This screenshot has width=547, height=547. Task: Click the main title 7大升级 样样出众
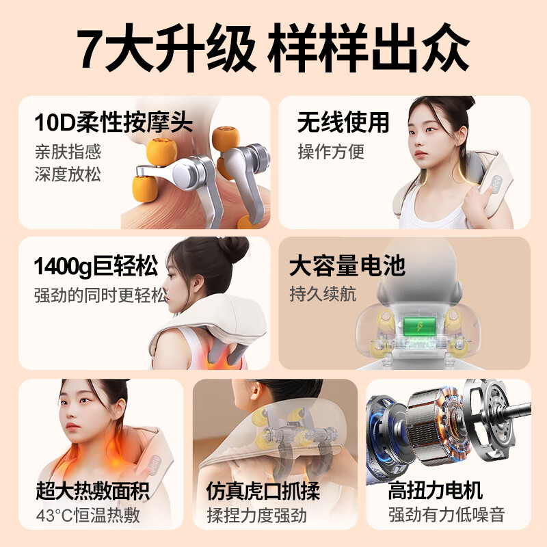pyautogui.click(x=273, y=49)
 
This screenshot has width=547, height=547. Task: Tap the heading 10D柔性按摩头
pyautogui.click(x=114, y=124)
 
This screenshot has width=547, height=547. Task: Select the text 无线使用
pyautogui.click(x=343, y=123)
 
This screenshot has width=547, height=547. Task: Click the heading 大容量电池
pyautogui.click(x=347, y=265)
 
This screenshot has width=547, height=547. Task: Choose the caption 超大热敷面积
pyautogui.click(x=92, y=490)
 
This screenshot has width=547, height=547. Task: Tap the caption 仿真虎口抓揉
pyautogui.click(x=263, y=490)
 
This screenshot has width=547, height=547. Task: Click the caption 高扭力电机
pyautogui.click(x=436, y=490)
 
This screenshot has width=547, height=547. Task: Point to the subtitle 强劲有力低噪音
pyautogui.click(x=446, y=514)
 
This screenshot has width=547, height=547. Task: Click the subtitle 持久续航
pyautogui.click(x=323, y=294)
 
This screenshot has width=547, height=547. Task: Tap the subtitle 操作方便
pyautogui.click(x=331, y=151)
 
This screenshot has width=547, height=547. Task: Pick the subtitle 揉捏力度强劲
pyautogui.click(x=256, y=514)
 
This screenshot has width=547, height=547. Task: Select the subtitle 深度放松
pyautogui.click(x=68, y=174)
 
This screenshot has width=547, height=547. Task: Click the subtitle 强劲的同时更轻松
pyautogui.click(x=100, y=295)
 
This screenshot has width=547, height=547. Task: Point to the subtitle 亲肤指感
pyautogui.click(x=68, y=151)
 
